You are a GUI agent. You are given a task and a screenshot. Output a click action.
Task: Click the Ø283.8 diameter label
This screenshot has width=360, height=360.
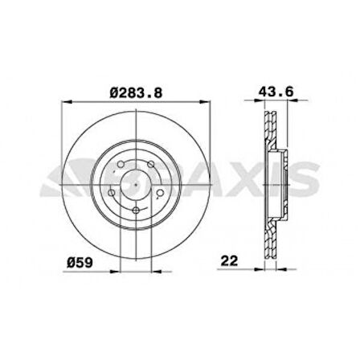pos(136,92)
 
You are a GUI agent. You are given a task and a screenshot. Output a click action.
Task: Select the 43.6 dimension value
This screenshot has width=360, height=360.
pos(276,92)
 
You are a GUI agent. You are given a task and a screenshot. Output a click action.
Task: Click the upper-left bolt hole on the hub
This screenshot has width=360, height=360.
pos(121,164)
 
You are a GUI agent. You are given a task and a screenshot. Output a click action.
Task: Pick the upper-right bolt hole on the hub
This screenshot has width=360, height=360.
pos(151,164)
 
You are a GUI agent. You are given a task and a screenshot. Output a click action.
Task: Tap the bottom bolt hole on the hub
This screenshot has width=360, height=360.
pos(136,211)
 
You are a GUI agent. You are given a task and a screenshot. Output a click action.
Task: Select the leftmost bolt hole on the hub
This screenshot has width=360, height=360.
pos(112,193)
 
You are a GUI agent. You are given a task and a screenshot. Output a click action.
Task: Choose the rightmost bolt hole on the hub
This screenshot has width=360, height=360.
pos(160,193)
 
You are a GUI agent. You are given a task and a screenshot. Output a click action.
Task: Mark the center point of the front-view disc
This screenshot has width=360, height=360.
pos(136,185)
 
